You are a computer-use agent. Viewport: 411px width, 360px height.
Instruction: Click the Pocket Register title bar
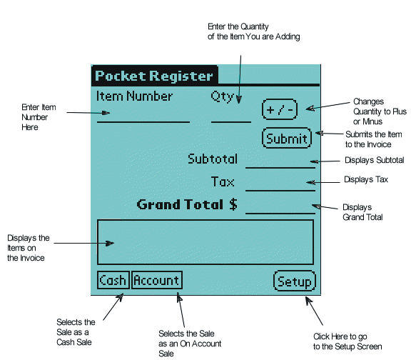pos(154,76)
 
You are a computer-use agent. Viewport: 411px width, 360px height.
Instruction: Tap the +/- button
pos(279,109)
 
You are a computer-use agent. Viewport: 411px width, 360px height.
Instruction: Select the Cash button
pos(112,281)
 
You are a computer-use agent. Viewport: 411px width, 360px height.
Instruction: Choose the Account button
pos(157,281)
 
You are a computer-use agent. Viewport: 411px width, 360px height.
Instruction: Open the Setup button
pos(294,281)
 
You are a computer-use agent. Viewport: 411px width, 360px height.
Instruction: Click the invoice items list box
pos(205,242)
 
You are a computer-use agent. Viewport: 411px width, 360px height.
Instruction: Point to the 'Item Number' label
pos(134,96)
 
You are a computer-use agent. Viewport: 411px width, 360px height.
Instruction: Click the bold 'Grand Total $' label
pos(187,205)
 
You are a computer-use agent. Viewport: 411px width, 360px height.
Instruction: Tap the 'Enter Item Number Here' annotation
pos(35,117)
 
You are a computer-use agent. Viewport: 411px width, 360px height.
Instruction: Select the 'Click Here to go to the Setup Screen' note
pos(347,341)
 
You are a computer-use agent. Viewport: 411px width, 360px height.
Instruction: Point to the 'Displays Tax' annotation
pos(365,179)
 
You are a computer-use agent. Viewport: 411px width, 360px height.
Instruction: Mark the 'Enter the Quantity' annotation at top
pos(253,31)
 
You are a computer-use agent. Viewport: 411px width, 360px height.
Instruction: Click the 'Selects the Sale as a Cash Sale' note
pos(75,331)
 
